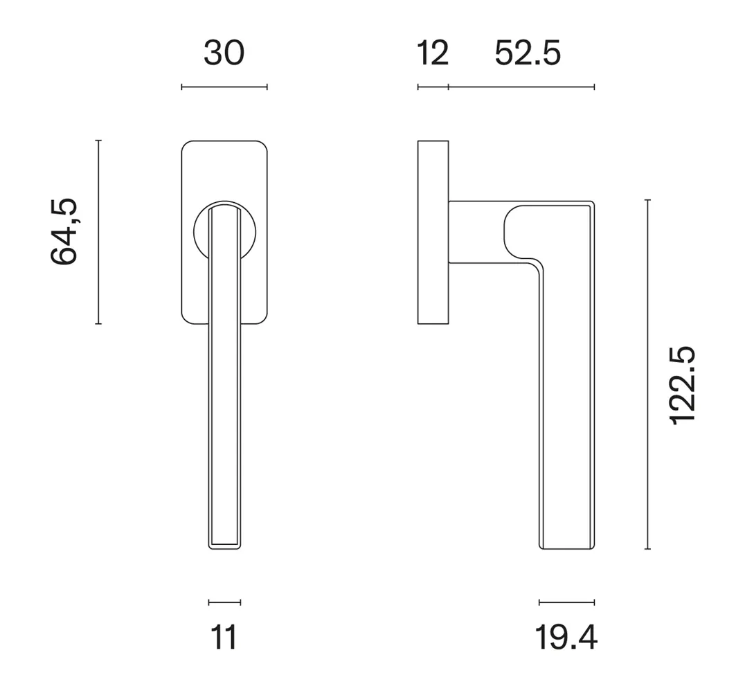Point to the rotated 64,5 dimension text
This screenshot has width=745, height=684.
64,231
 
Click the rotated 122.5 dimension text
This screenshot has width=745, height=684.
682,386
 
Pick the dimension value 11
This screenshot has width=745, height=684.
224,638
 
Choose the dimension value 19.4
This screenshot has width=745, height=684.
566,638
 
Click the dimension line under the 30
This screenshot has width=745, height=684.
224,87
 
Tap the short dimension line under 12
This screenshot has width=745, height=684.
433,87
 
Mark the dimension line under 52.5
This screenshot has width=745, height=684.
521,87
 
